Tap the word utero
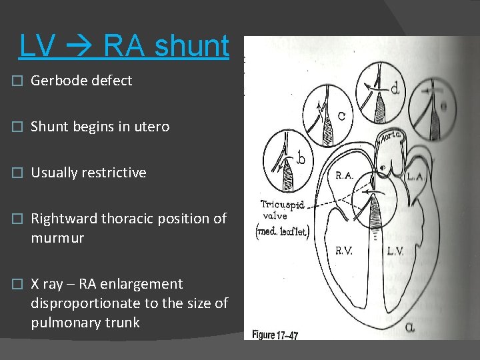[x=148, y=127]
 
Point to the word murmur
[x=57, y=238]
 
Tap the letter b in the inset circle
[x=301, y=159]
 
